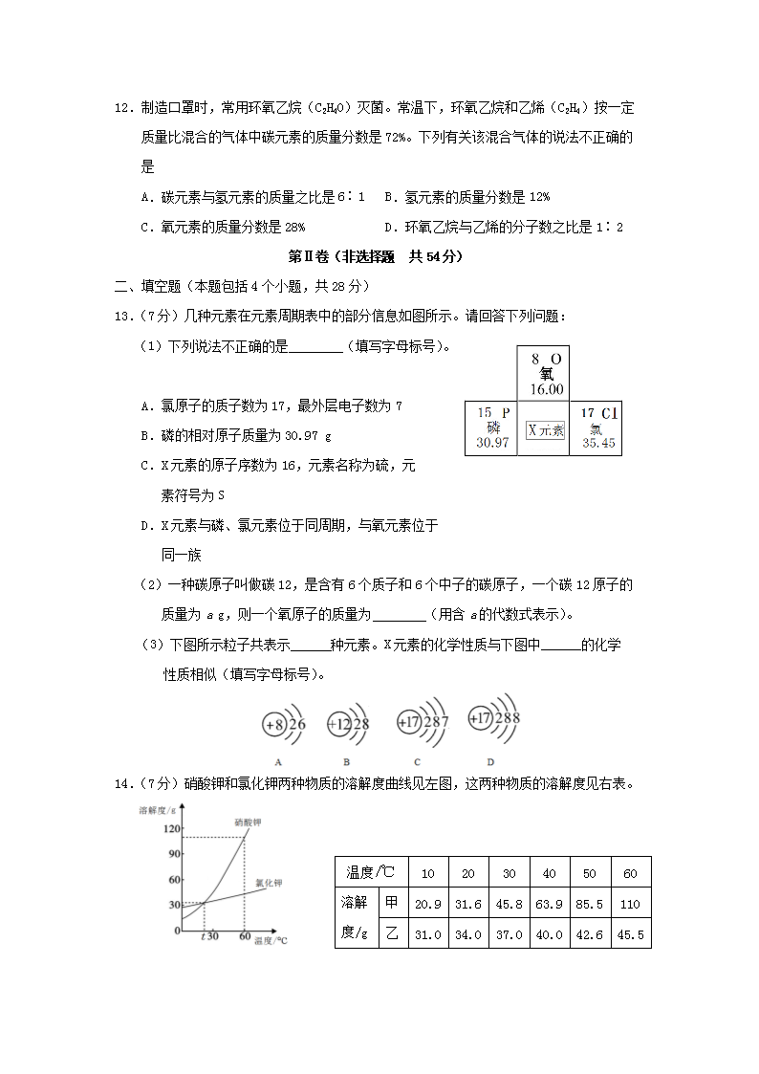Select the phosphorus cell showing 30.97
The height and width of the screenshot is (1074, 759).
coord(492,427)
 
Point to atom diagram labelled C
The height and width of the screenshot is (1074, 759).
coord(420,723)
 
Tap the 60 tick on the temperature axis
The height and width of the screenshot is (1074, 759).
coord(245,936)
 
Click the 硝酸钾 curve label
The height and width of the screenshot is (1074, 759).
coord(248,821)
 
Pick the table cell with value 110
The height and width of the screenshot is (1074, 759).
coord(629,902)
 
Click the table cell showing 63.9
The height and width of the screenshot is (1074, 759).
coord(549,902)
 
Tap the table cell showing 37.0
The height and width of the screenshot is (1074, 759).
coord(509,934)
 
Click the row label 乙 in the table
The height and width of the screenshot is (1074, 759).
coord(391,934)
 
